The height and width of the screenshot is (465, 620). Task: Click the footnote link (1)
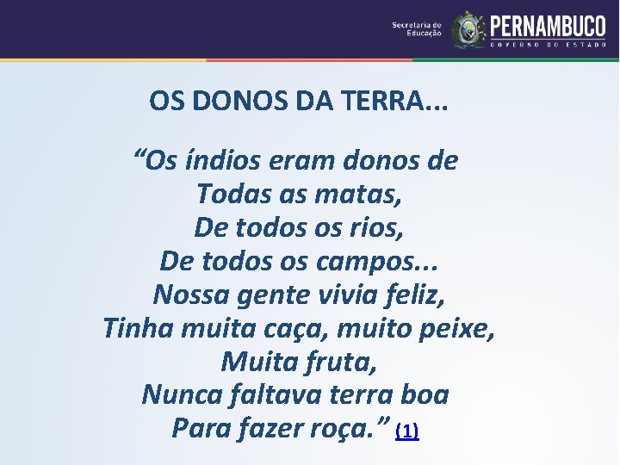coord(406,431)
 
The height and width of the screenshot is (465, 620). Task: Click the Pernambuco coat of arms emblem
coord(468,29)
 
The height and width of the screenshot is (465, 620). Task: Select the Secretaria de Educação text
coord(417,29)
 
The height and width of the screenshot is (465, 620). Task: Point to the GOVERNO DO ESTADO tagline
coord(548,45)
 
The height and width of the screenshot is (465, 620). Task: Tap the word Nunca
coord(177,394)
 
